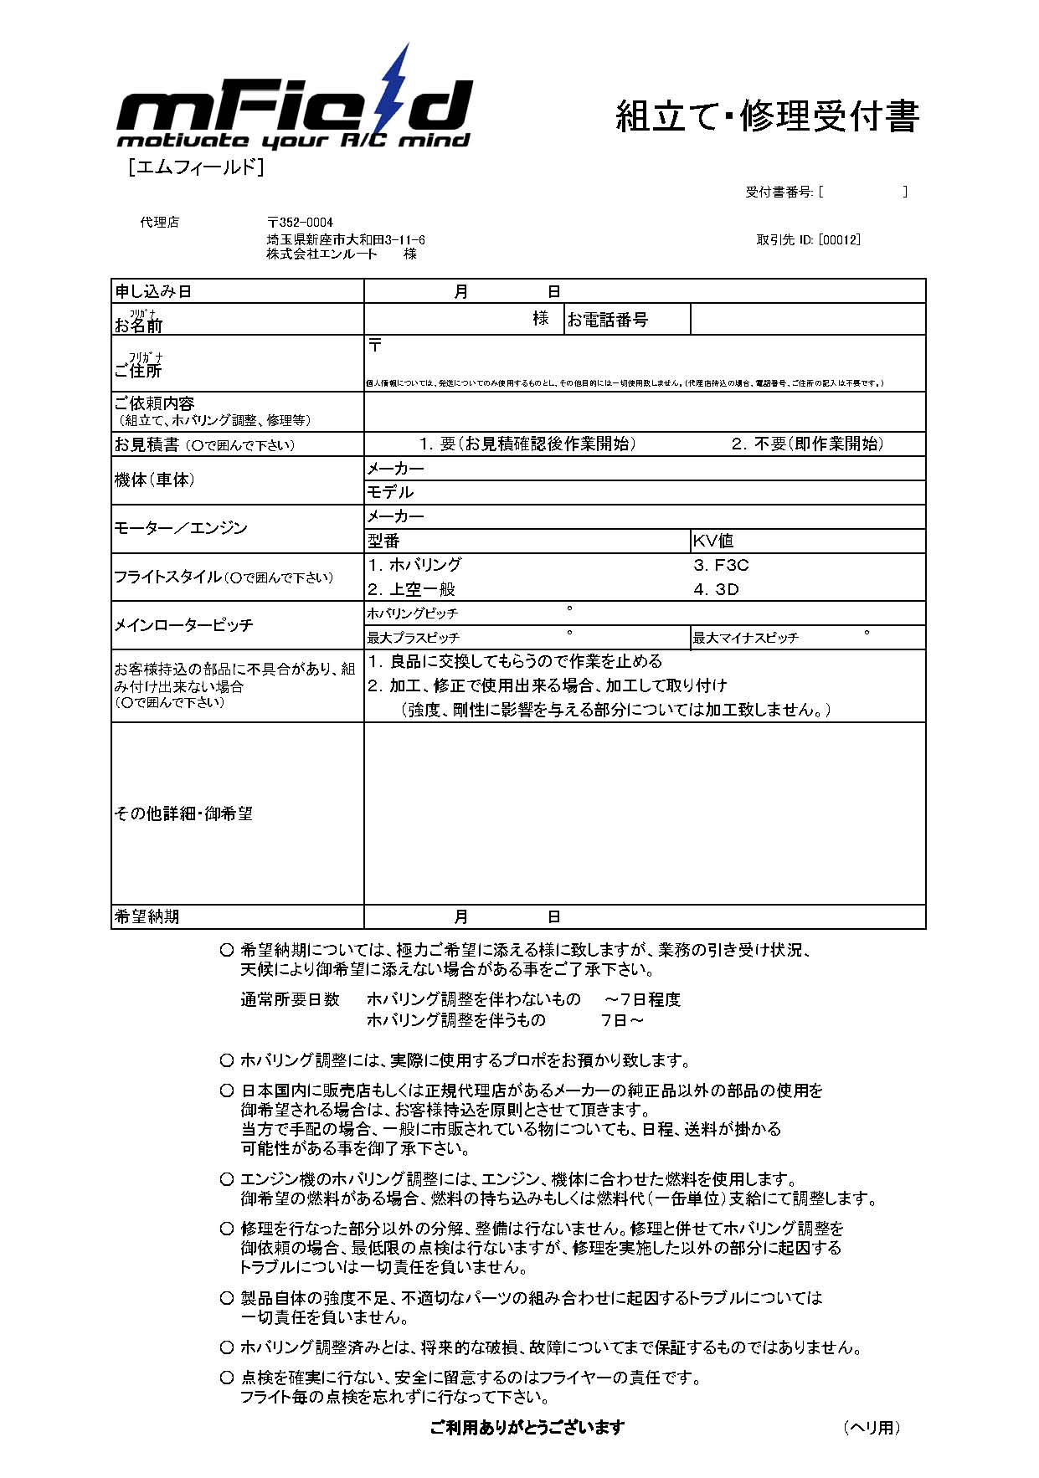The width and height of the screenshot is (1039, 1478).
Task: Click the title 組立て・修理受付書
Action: coord(767,115)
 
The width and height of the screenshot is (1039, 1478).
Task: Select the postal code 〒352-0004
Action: coord(300,223)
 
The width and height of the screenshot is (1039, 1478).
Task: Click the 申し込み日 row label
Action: coord(153,291)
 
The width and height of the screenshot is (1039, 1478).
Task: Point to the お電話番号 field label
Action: coord(608,320)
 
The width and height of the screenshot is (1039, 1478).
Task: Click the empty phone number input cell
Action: coord(807,320)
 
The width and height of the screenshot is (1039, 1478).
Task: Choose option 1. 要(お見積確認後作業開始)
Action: coord(527,444)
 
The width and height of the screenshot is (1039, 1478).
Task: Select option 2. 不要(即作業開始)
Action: coord(807,444)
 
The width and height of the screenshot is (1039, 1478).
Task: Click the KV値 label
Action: coord(713,541)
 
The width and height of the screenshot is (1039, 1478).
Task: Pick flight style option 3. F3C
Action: coord(721,565)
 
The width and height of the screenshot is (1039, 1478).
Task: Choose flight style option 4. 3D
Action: coord(717,589)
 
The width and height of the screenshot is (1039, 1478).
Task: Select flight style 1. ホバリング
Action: coord(414,565)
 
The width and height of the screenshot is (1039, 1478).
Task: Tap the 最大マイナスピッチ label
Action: coord(745,638)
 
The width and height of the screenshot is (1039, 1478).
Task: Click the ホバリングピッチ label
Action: coord(413,613)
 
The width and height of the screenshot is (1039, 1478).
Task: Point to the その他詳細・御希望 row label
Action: coord(183,813)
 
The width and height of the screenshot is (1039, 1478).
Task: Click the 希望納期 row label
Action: coord(147,916)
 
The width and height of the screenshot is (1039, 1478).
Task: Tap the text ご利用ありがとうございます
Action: coord(527,1427)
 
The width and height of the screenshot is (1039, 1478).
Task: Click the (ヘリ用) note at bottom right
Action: coord(872,1427)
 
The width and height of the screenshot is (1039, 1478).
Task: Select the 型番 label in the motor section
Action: coord(383,541)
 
